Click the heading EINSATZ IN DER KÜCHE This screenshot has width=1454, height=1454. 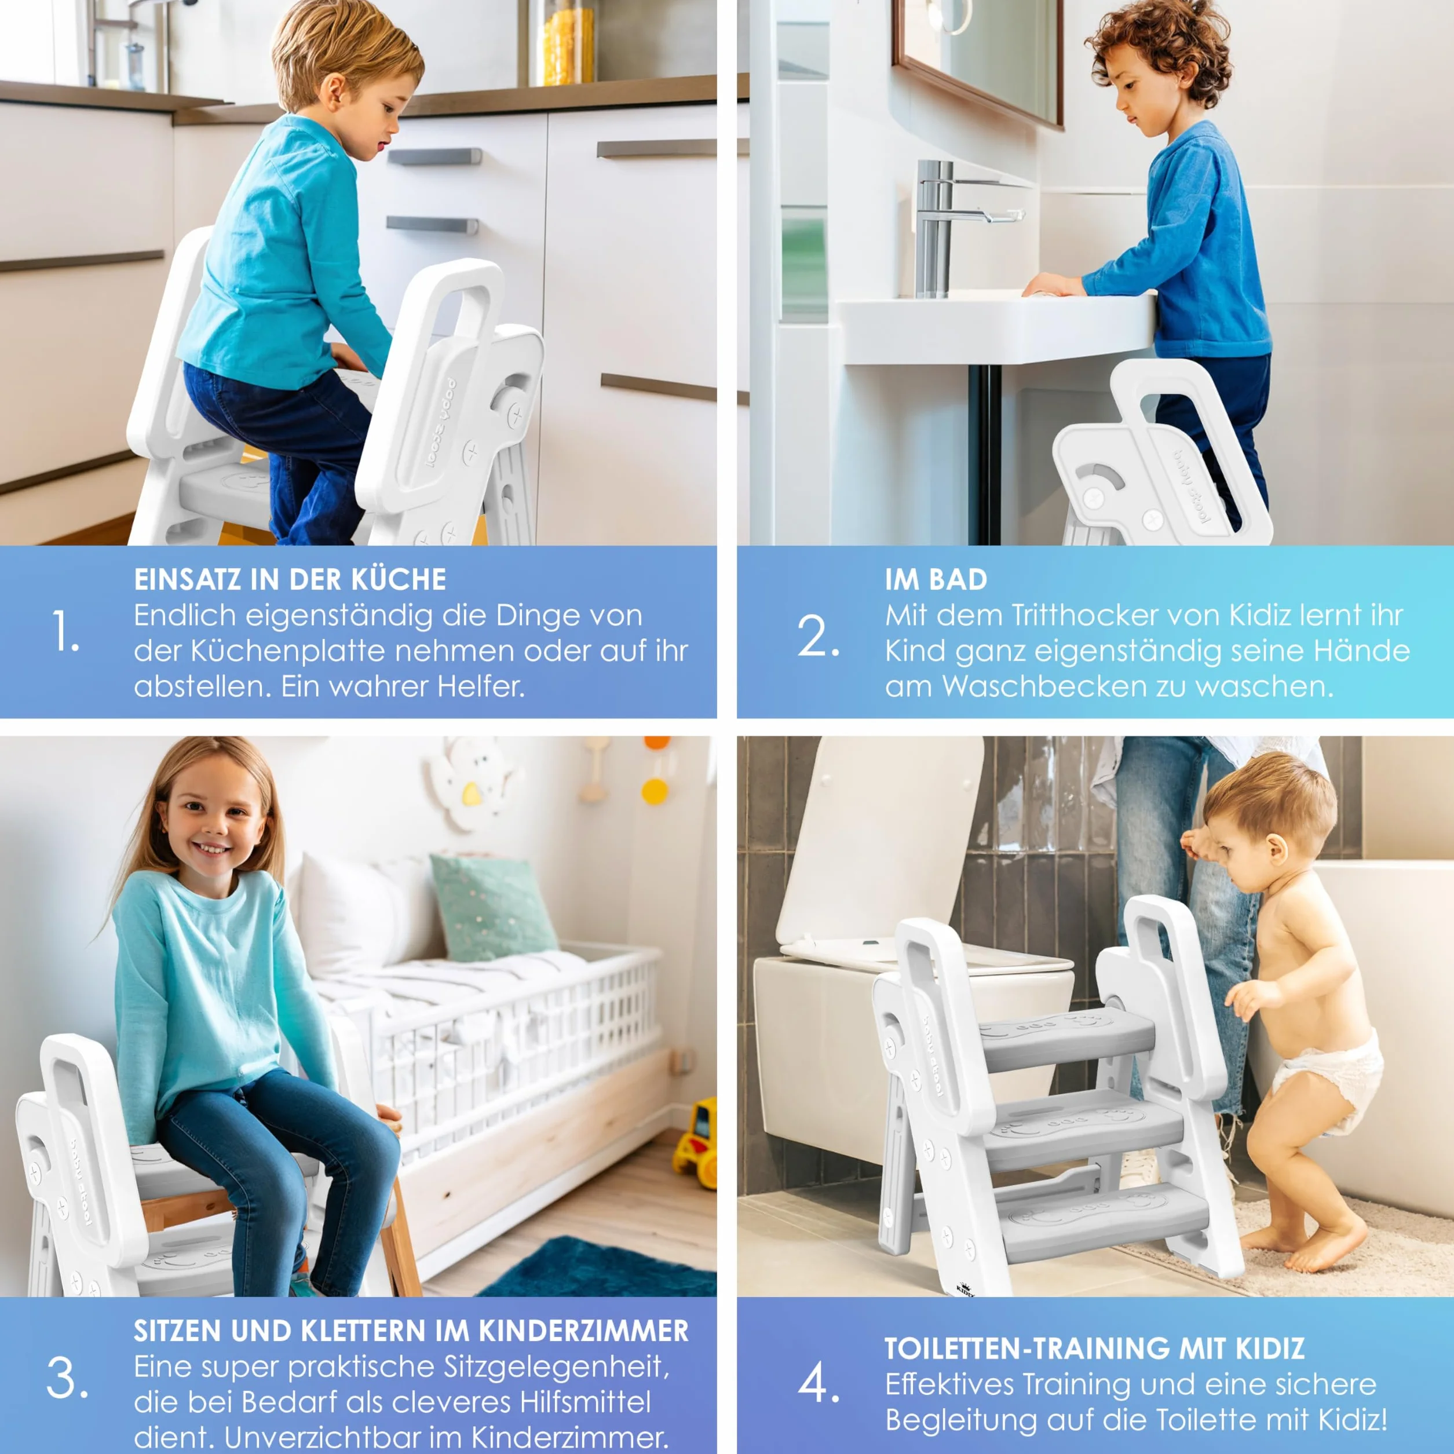pyautogui.click(x=290, y=579)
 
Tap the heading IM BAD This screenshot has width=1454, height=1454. pyautogui.click(x=936, y=579)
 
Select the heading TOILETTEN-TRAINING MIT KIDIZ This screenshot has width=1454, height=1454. pyautogui.click(x=1094, y=1349)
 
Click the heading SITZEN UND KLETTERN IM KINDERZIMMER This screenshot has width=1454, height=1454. pyautogui.click(x=411, y=1331)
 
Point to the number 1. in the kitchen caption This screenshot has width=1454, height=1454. pyautogui.click(x=66, y=631)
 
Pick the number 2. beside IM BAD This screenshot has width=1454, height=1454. pyautogui.click(x=818, y=636)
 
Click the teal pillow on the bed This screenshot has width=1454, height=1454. pyautogui.click(x=492, y=907)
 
